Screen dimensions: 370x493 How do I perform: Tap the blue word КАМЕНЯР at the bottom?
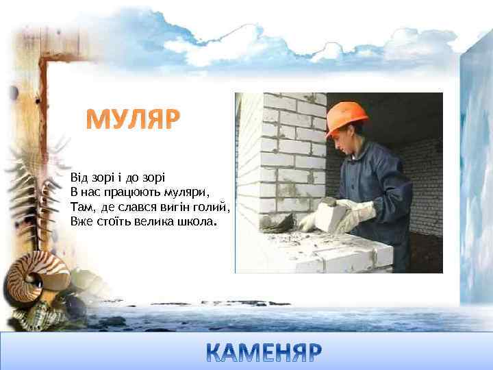(x=264, y=353)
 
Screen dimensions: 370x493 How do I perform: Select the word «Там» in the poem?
(x=80, y=207)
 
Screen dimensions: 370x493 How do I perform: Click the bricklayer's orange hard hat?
(x=346, y=117)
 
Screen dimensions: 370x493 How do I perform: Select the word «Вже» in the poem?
(x=79, y=222)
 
